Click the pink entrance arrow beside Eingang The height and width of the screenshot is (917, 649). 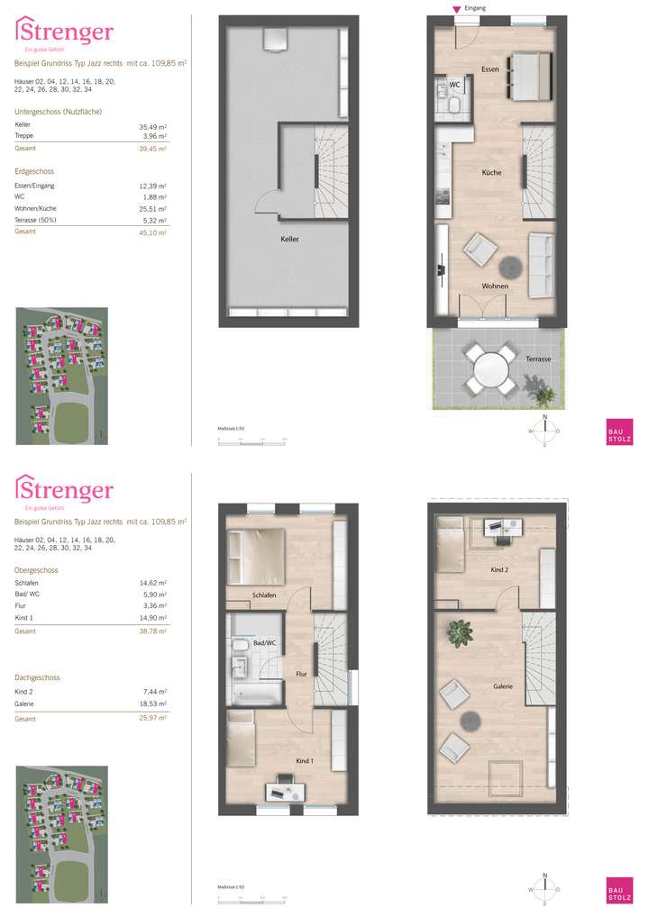click(457, 10)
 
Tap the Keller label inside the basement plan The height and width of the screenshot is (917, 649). click(289, 240)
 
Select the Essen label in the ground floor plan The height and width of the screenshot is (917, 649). click(489, 68)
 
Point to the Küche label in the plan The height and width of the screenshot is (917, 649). click(491, 172)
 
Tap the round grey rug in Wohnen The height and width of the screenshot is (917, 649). click(512, 267)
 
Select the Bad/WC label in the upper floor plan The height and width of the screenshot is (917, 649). click(265, 642)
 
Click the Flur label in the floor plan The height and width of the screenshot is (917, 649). click(302, 673)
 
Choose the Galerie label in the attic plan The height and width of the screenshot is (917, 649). click(502, 686)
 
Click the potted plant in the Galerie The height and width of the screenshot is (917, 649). click(462, 634)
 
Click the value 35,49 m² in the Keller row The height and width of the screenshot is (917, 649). click(154, 127)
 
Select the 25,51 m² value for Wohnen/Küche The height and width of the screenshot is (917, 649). click(154, 207)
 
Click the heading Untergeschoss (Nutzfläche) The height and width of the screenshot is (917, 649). click(58, 112)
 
